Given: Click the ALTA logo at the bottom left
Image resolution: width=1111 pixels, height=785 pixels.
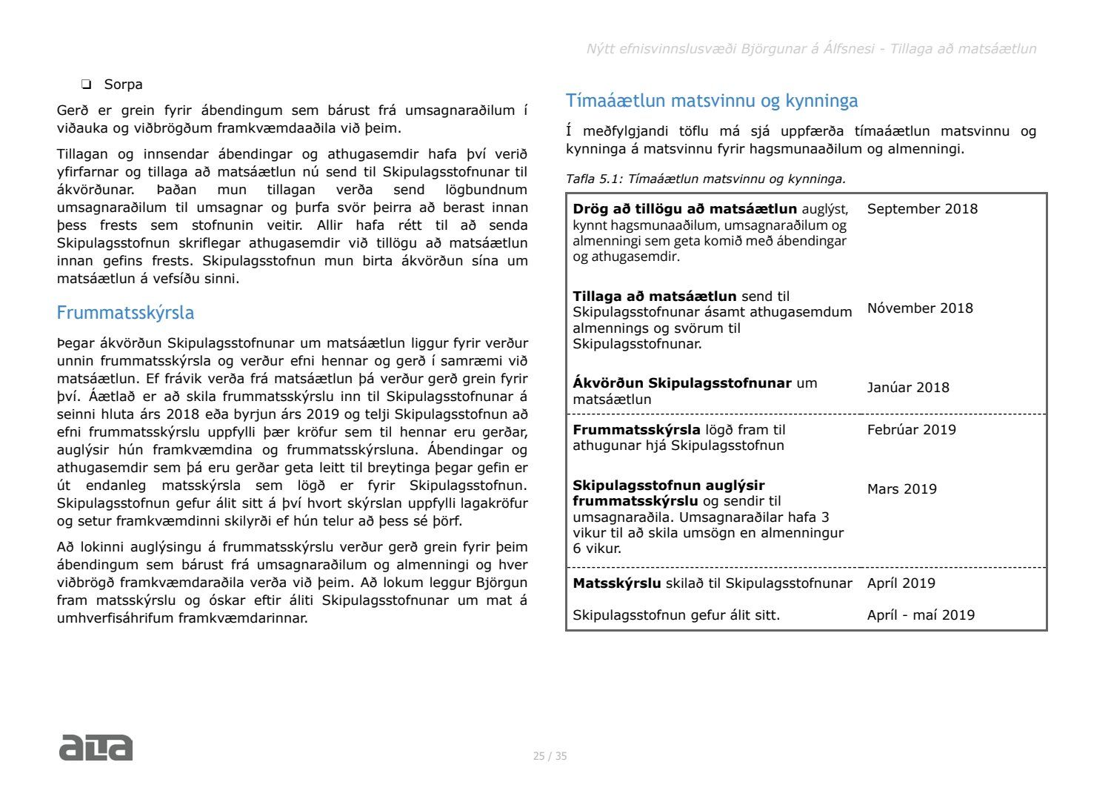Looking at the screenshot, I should point(96,747).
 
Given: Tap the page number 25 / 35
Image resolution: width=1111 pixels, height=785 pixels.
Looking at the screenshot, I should point(550,756).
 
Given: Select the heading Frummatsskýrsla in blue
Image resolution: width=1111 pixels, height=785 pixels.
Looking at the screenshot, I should point(125,313).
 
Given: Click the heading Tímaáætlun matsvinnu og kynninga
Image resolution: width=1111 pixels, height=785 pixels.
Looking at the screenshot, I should point(712,101).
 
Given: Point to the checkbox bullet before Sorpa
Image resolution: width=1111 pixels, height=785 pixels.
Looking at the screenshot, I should point(87,85).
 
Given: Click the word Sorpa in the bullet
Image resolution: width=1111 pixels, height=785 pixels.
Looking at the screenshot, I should point(123,85).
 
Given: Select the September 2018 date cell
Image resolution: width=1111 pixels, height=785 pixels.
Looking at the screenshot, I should point(922,209).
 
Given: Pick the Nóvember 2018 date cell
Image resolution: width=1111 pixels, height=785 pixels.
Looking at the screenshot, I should point(920,308).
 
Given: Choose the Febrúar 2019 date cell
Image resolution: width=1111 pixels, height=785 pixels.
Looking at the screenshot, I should point(911,430).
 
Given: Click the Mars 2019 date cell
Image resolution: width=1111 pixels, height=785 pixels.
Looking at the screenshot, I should point(901,489).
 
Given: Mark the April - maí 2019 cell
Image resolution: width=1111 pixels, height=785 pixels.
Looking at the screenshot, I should point(921,615).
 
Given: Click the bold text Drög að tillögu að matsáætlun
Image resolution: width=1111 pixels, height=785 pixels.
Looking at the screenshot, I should point(684,209).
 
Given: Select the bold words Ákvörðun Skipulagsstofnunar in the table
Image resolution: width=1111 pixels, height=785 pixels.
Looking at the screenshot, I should point(681,383).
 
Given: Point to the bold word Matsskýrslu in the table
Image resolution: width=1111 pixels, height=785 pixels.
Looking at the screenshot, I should point(616,583).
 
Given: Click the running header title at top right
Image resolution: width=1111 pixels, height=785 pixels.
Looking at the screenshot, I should point(811,49).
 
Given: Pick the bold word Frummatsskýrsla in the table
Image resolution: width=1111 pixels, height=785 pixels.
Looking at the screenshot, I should point(636,430).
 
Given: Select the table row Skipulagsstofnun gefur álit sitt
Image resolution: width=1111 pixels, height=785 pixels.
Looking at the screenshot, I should point(676,615).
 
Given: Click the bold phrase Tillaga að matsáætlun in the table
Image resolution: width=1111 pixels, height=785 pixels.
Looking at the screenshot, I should point(654,297).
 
